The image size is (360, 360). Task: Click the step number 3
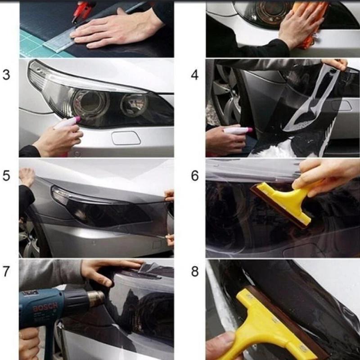tap(6, 75)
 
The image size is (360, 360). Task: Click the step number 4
tap(194, 75)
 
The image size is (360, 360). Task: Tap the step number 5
tap(6, 175)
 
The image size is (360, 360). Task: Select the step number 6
tap(194, 175)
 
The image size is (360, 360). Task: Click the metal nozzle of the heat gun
tap(95, 298)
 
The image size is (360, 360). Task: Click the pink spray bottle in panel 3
tap(67, 123)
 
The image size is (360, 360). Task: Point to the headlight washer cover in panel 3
tap(126, 138)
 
